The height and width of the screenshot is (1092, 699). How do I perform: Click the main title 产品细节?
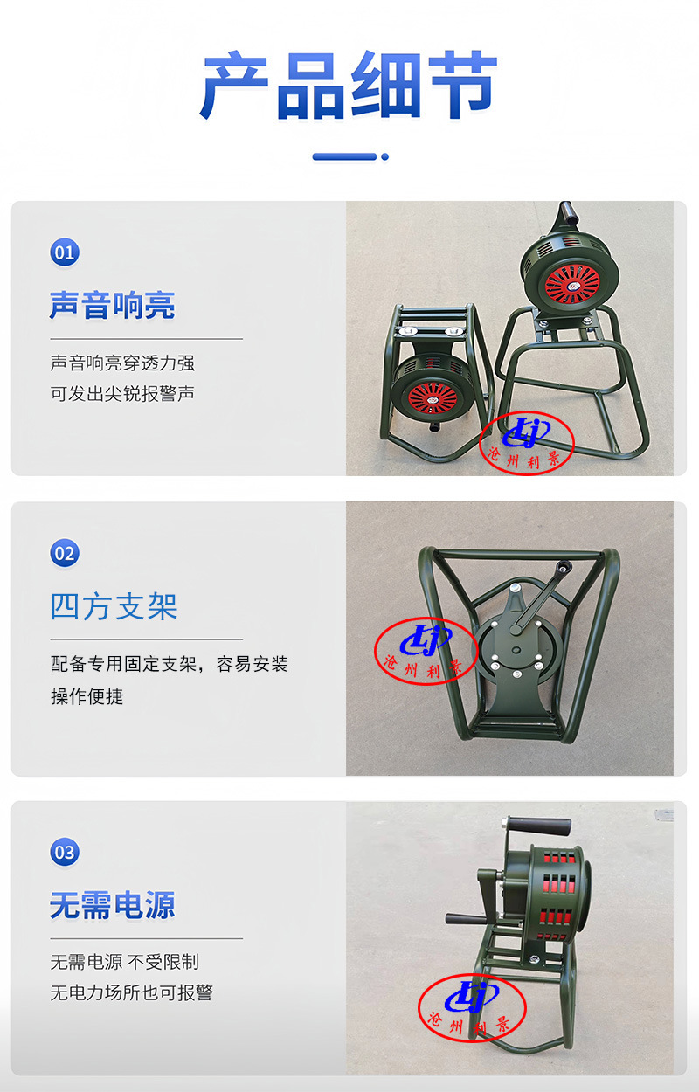tap(349, 85)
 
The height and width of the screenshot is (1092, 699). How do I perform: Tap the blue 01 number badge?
tap(65, 252)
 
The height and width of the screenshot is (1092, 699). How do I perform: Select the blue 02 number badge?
tap(65, 553)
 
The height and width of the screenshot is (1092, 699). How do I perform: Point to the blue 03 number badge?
tap(65, 852)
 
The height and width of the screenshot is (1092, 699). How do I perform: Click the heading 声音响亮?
tap(112, 306)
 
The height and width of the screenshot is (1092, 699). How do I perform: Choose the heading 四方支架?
tap(114, 607)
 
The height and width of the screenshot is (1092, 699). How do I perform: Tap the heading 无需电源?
tap(112, 905)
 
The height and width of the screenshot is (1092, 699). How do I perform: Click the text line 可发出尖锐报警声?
tap(122, 393)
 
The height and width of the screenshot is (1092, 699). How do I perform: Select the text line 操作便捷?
tap(87, 696)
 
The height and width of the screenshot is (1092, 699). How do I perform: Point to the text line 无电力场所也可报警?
tap(132, 992)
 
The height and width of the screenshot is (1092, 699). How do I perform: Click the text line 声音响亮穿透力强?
tap(122, 363)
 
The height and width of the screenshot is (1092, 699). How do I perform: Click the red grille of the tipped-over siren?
tap(433, 397)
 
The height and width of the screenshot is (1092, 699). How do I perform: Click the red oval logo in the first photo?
tap(527, 443)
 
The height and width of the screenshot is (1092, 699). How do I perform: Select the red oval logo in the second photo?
tap(426, 652)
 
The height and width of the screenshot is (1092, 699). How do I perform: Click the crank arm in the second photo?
tap(540, 598)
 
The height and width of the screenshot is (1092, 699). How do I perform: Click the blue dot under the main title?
tap(385, 156)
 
